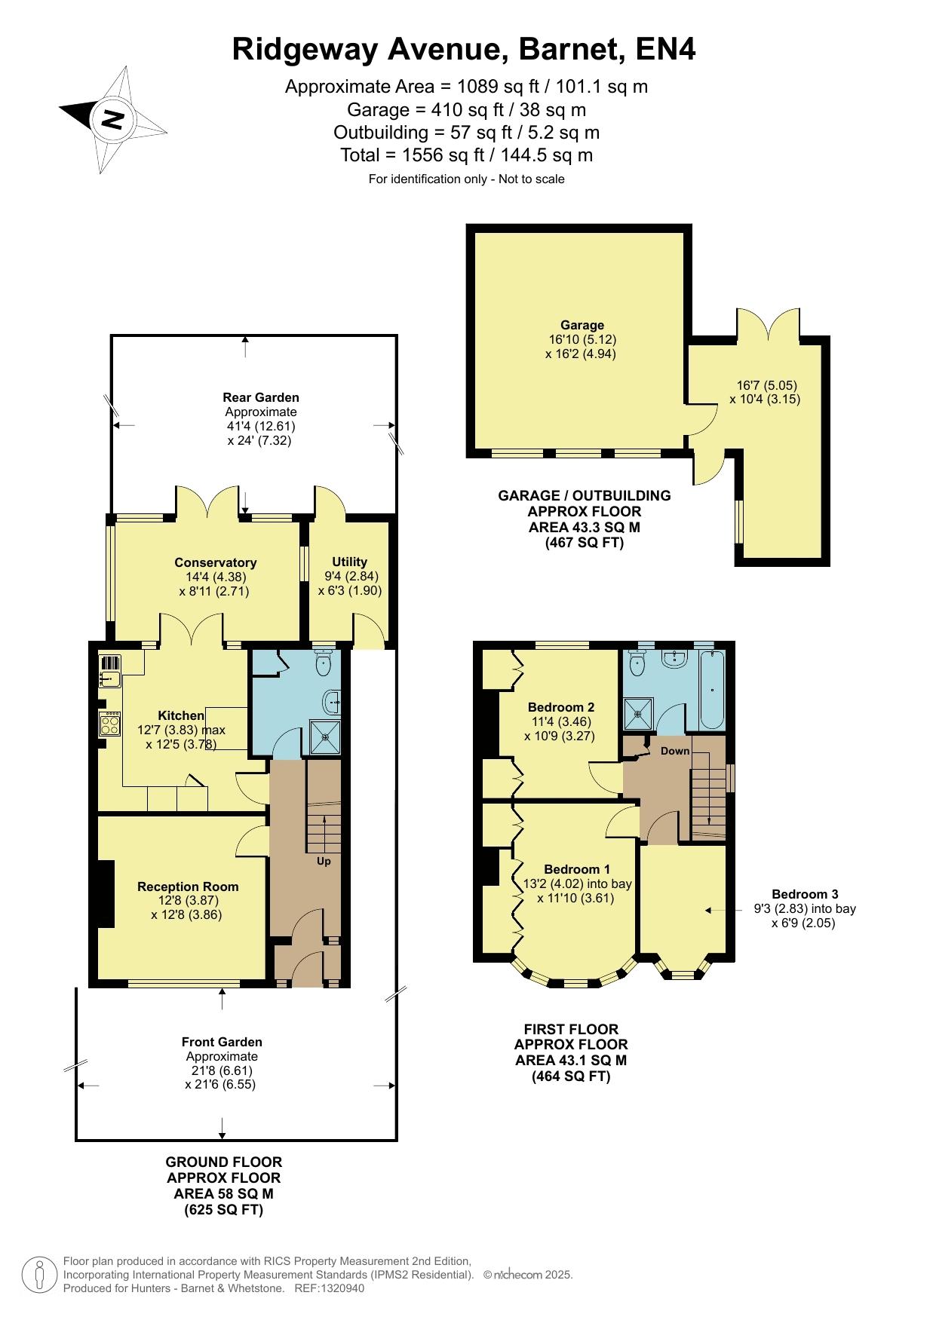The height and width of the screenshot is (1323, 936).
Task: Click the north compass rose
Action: point(112,119)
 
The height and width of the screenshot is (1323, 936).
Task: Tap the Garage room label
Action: point(582,325)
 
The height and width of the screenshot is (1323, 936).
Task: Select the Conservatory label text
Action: point(215,562)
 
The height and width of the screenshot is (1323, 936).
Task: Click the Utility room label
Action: point(349,562)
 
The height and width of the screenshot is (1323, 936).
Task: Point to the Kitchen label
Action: point(181,715)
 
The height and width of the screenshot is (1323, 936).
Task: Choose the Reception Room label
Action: point(188,887)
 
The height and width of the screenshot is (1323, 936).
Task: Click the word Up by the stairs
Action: point(323,861)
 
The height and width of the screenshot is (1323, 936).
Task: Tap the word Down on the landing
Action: point(675,751)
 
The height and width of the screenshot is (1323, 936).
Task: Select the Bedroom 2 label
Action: point(561,707)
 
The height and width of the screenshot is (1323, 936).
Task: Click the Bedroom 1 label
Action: point(577,869)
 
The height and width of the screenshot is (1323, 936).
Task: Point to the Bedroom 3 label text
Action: point(805,895)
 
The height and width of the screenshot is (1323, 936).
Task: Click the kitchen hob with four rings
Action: point(110,724)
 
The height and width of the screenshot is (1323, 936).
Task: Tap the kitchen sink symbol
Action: point(110,672)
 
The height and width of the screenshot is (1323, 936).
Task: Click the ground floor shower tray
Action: point(326,737)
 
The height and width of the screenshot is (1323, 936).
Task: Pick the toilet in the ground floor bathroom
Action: point(324,663)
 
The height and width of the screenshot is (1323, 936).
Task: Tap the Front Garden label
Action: point(222,1042)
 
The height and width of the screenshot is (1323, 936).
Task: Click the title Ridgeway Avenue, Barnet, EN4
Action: point(464,50)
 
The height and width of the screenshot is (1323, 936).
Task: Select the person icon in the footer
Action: point(40,1273)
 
